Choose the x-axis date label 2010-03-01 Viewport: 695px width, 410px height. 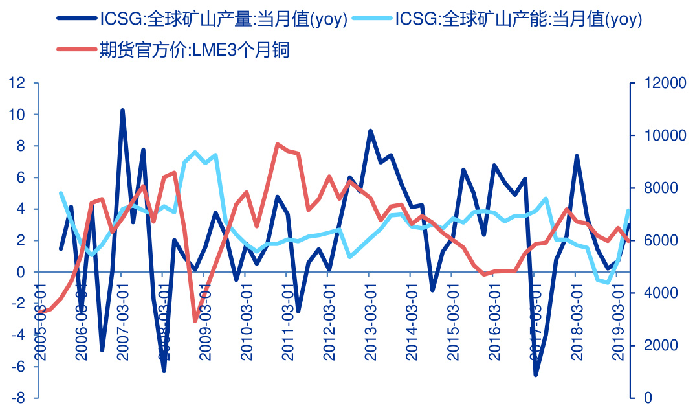coord(246,321)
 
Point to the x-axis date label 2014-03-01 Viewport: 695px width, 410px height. coord(411,321)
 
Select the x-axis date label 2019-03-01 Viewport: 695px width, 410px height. coord(617,321)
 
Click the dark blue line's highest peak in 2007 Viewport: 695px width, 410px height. coord(122,111)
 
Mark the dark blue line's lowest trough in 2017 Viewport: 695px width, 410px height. coord(536,374)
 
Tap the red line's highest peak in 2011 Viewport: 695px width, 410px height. coord(277,144)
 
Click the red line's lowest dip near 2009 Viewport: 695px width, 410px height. coord(195,321)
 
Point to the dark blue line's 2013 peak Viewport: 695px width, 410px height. coord(370,131)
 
